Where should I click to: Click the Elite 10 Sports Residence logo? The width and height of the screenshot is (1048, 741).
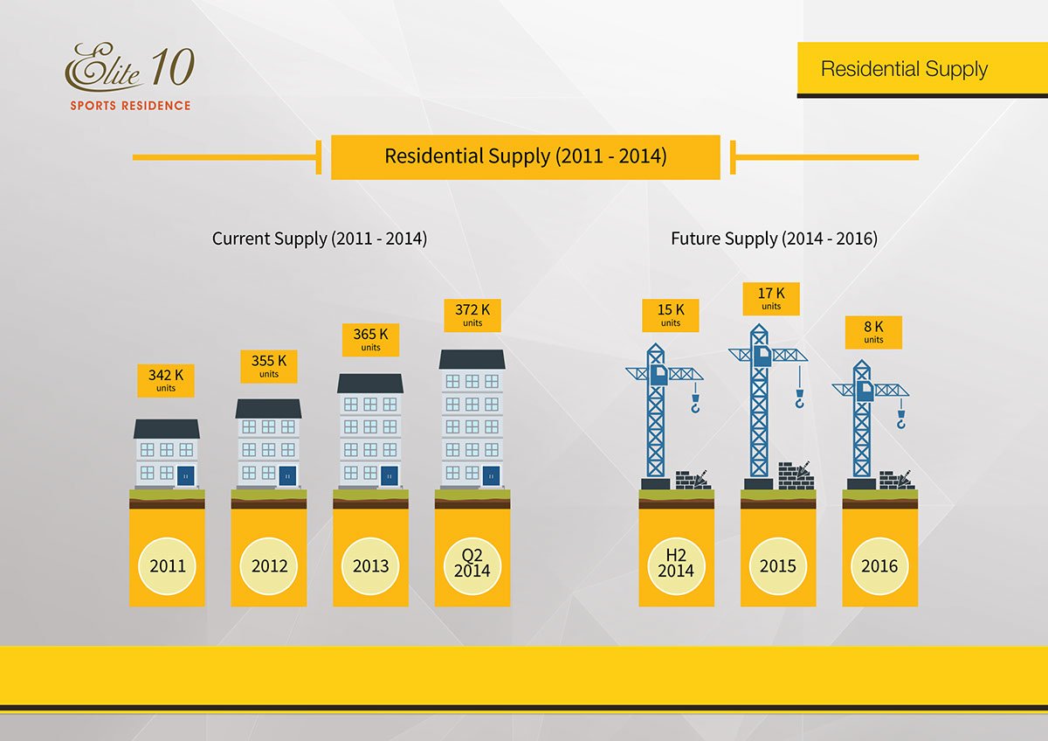pos(129,78)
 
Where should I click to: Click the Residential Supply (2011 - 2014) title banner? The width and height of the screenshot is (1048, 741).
pos(525,157)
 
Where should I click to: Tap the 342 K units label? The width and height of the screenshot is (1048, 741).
pos(165,380)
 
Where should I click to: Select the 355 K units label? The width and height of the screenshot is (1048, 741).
pos(268,365)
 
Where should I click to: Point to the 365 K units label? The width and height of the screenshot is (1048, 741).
pos(370,338)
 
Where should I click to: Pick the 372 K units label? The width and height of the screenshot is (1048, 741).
pos(472,315)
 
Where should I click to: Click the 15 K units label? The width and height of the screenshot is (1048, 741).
pos(671,315)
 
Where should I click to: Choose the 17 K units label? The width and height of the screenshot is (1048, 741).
pos(771,298)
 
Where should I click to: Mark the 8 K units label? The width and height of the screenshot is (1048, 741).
pos(873,332)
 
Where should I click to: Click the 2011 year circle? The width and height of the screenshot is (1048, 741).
pos(167,566)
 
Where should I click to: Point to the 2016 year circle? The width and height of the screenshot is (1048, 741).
pos(879,566)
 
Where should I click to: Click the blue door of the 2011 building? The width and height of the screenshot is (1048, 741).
pos(185,475)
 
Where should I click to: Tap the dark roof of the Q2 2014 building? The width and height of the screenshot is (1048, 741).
pos(472,359)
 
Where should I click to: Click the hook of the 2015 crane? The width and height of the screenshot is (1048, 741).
pos(799,401)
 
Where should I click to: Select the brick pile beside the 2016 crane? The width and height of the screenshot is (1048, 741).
pos(896,480)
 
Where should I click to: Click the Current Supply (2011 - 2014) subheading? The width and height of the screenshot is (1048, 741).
pos(320,239)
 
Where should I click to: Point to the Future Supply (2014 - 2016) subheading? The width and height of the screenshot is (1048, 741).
pos(774,239)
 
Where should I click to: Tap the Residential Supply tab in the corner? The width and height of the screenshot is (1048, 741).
pos(904,69)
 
